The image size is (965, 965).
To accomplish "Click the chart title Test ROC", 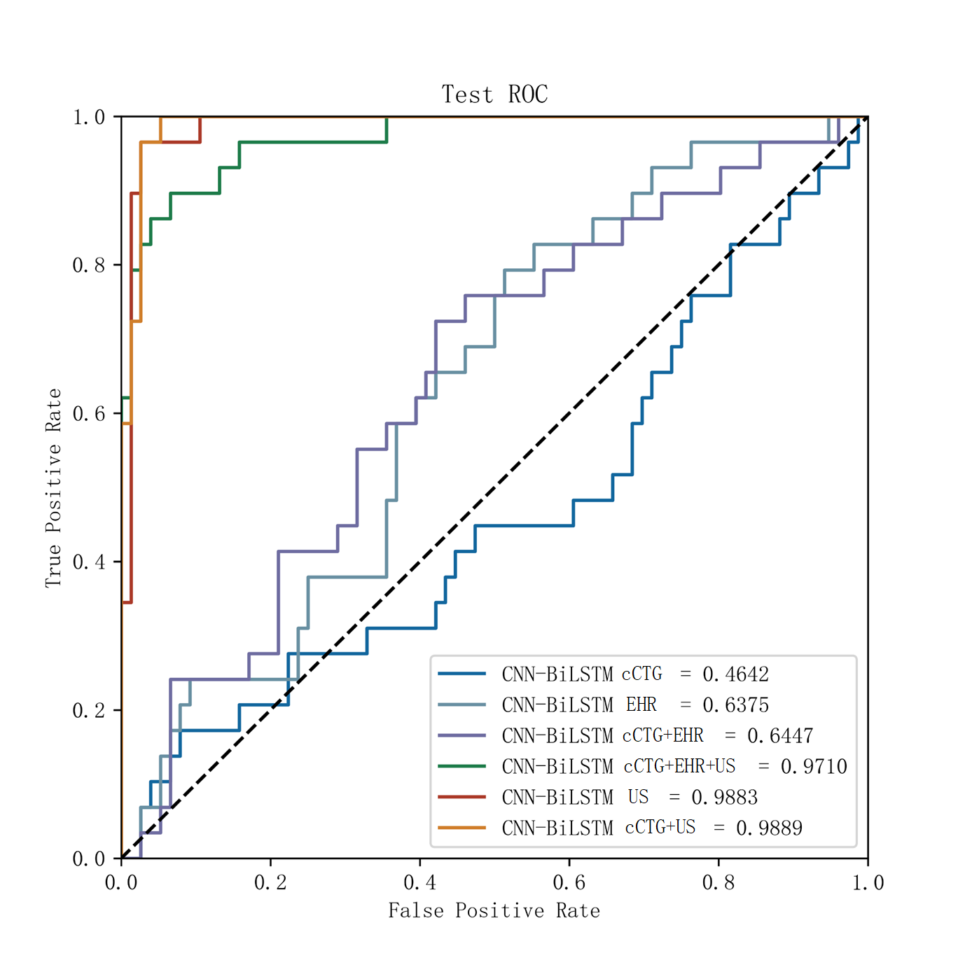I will point(494,95).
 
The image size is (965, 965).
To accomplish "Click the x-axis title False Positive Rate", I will point(494,910).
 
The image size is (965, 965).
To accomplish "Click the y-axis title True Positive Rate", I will point(53,488).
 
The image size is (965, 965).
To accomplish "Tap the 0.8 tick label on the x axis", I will point(718,882).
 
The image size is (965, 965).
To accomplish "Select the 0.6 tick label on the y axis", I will point(89,413).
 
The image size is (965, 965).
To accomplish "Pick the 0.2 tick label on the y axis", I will point(89,710).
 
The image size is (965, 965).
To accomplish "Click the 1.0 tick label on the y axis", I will point(89,117).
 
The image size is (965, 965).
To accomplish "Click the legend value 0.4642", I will point(735,674).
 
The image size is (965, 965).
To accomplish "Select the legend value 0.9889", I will point(769,828).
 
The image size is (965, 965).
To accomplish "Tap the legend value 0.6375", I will point(735,704).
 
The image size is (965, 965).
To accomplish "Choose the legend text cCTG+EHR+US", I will point(679,766).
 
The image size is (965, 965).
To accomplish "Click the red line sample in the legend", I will point(461,797).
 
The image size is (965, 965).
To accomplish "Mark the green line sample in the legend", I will point(461,766).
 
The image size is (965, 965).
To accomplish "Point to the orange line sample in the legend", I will point(461,828).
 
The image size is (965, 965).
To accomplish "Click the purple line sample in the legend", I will point(461,735).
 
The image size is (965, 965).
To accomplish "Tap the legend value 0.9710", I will point(814,767).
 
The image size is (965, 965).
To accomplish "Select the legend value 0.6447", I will point(780,736).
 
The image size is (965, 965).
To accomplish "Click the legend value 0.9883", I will point(724,798).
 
